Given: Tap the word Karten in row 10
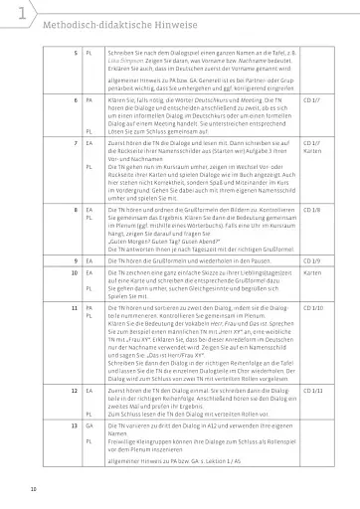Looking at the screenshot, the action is pos(310,271).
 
